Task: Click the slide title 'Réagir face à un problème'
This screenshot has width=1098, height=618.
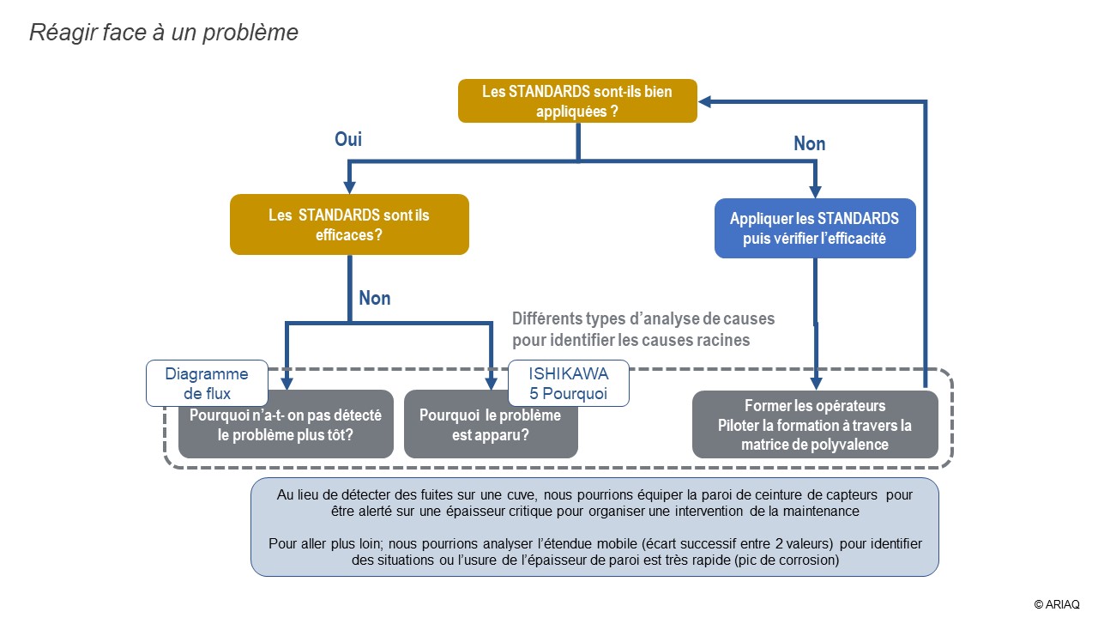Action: [x=164, y=33]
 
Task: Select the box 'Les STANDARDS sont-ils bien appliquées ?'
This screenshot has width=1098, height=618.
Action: [x=577, y=100]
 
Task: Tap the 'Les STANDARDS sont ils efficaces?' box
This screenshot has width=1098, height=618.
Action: [x=349, y=224]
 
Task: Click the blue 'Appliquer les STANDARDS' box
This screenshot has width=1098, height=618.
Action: [x=815, y=228]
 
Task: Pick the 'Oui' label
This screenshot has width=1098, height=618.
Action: [x=348, y=139]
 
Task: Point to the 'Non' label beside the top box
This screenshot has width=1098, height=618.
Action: [x=809, y=143]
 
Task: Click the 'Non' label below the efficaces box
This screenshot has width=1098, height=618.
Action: [x=374, y=298]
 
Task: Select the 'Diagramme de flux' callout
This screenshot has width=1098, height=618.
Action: [x=206, y=384]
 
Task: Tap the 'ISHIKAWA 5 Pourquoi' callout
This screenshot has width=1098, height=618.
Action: [x=568, y=384]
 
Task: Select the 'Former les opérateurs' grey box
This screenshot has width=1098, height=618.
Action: [x=815, y=425]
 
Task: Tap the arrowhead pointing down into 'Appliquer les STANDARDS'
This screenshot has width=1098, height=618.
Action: [x=815, y=191]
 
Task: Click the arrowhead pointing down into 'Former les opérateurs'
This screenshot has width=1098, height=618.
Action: [x=815, y=384]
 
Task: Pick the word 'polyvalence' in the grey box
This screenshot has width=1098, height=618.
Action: [x=847, y=445]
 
